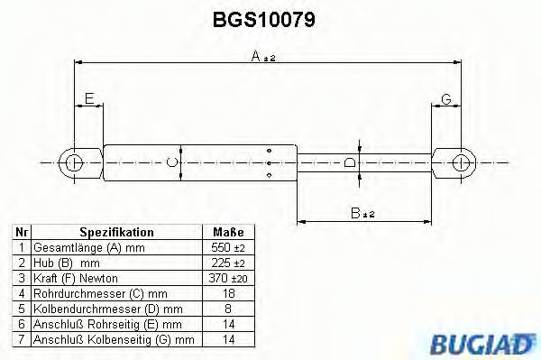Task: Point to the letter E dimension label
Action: (87, 97)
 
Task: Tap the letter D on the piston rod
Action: (352, 163)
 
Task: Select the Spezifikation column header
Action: (116, 232)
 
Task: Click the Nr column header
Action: (19, 232)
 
